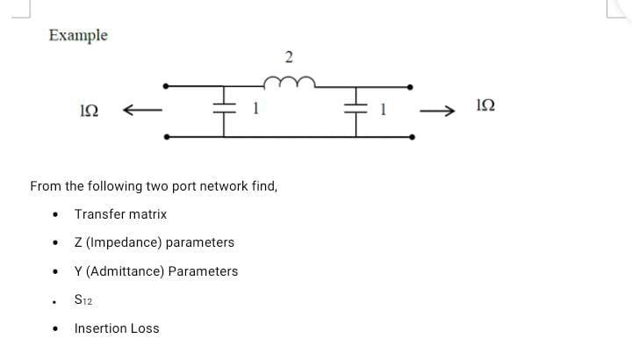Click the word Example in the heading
pyautogui.click(x=78, y=35)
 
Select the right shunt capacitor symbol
pyautogui.click(x=358, y=109)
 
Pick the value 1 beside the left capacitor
pyautogui.click(x=255, y=109)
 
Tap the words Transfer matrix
pyautogui.click(x=120, y=213)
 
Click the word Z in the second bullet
pyautogui.click(x=78, y=242)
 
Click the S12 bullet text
pyautogui.click(x=84, y=299)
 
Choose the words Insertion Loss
pyautogui.click(x=117, y=328)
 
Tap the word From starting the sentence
pyautogui.click(x=45, y=186)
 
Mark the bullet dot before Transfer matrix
pyautogui.click(x=56, y=214)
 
